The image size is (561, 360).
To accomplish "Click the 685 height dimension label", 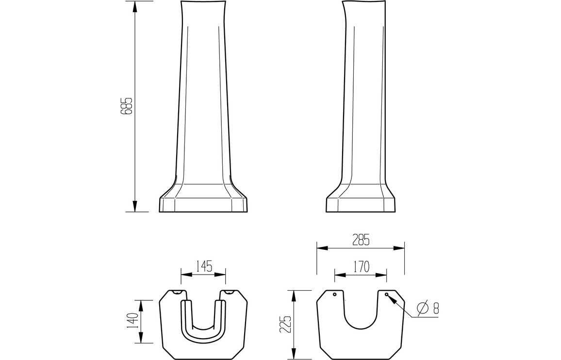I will point(128,106).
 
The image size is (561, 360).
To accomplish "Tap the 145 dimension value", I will point(203,266).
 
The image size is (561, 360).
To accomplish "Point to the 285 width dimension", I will point(361,240).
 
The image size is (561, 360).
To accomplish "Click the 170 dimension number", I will point(361,266).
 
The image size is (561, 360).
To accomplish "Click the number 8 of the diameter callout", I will point(435,308).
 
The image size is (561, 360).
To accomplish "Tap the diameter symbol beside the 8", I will point(422,308).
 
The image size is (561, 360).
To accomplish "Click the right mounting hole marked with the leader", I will point(386,295).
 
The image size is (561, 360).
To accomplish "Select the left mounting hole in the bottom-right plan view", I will point(335,295).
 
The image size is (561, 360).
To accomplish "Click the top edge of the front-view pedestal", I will point(204,2).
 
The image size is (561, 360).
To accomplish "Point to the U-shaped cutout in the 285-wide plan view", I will point(361,311).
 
